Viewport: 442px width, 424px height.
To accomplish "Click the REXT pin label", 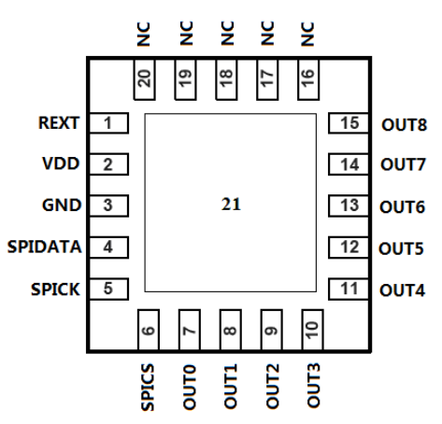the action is pyautogui.click(x=59, y=123).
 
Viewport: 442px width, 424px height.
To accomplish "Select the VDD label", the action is pyautogui.click(x=61, y=163).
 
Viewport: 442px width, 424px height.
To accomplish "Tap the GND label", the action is pyautogui.click(x=62, y=205).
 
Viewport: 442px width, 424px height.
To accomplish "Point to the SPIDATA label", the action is pyautogui.click(x=45, y=247).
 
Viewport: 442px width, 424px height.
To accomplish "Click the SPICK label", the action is pyautogui.click(x=55, y=290).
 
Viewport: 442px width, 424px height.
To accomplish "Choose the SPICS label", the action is pyautogui.click(x=148, y=387).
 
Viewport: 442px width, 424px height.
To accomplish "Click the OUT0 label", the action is pyautogui.click(x=190, y=387).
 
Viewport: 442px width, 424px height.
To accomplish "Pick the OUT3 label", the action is pyautogui.click(x=313, y=385).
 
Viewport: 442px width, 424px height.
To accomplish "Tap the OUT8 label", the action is pyautogui.click(x=404, y=125).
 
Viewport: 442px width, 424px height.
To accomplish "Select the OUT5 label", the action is pyautogui.click(x=401, y=248).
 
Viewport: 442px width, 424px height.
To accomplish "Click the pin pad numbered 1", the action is pyautogui.click(x=108, y=123).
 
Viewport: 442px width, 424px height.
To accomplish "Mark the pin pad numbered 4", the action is pyautogui.click(x=108, y=247).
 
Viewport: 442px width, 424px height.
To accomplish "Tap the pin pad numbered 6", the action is pyautogui.click(x=149, y=330).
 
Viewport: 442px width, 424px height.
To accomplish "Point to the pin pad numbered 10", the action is pyautogui.click(x=312, y=330).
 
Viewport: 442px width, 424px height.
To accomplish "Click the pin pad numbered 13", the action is pyautogui.click(x=349, y=205).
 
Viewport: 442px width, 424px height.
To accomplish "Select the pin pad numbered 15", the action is pyautogui.click(x=349, y=123).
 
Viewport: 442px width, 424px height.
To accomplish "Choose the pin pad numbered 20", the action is pyautogui.click(x=145, y=79).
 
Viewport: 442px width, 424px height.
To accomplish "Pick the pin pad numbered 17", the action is pyautogui.click(x=267, y=79).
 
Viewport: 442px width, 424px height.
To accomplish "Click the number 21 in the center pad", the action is pyautogui.click(x=231, y=205).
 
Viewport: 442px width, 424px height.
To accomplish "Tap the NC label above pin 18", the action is pyautogui.click(x=227, y=34).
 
